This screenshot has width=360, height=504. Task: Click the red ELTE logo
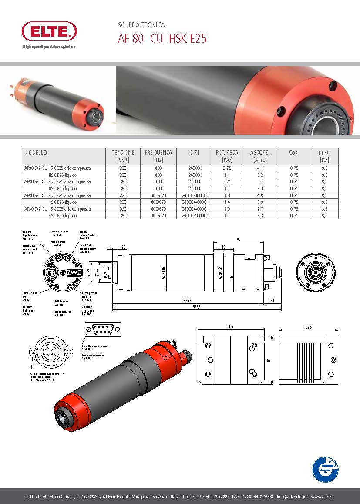point(49,31)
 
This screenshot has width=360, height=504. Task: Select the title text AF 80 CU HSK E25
point(162,39)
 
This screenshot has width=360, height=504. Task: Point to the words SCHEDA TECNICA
point(141,25)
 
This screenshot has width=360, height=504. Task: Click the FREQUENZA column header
point(158,153)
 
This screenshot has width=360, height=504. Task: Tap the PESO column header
point(324,153)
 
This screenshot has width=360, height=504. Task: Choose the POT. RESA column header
point(227,153)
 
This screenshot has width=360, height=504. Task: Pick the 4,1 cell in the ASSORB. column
point(260,168)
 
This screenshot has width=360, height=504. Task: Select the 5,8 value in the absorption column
point(260,202)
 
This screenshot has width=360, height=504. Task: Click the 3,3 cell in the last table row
point(260,216)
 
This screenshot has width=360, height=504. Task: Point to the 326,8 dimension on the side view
point(188,300)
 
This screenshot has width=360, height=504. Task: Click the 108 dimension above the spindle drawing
point(238,239)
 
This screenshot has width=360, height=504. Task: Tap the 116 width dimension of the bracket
point(232,326)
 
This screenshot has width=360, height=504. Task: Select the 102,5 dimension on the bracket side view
point(308,326)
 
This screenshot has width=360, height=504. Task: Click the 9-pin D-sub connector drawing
point(101,330)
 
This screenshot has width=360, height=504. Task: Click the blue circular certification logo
point(326,469)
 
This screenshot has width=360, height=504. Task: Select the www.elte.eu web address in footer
point(323,497)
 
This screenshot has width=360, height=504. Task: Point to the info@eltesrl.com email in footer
point(292,497)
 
